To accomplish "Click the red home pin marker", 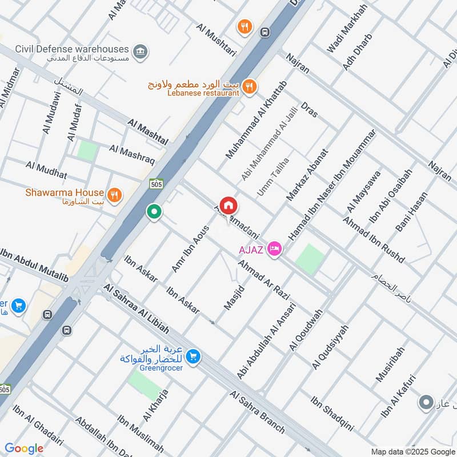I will coord(228,206).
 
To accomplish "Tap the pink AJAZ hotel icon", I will coord(275,249).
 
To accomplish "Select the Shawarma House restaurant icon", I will coord(115,195).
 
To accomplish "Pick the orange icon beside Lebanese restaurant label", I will coord(249,87).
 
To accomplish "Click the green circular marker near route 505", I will coord(154,213).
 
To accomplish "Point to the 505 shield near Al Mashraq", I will coord(155,184).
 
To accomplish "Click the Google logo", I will coord(24,448).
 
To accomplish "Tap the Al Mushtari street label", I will coord(217,39).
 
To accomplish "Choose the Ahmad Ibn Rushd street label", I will coord(374,240).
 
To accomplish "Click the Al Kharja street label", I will coord(155,405).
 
